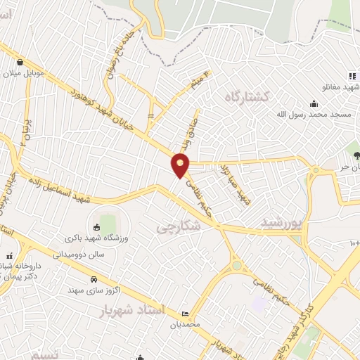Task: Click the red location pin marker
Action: coord(181,165)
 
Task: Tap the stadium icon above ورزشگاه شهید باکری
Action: coord(96,227)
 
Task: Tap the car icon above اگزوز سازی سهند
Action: coord(94,278)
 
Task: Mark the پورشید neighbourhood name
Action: coord(281,223)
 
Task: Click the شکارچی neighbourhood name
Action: coord(178,226)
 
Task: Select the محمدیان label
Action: coord(186,325)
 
